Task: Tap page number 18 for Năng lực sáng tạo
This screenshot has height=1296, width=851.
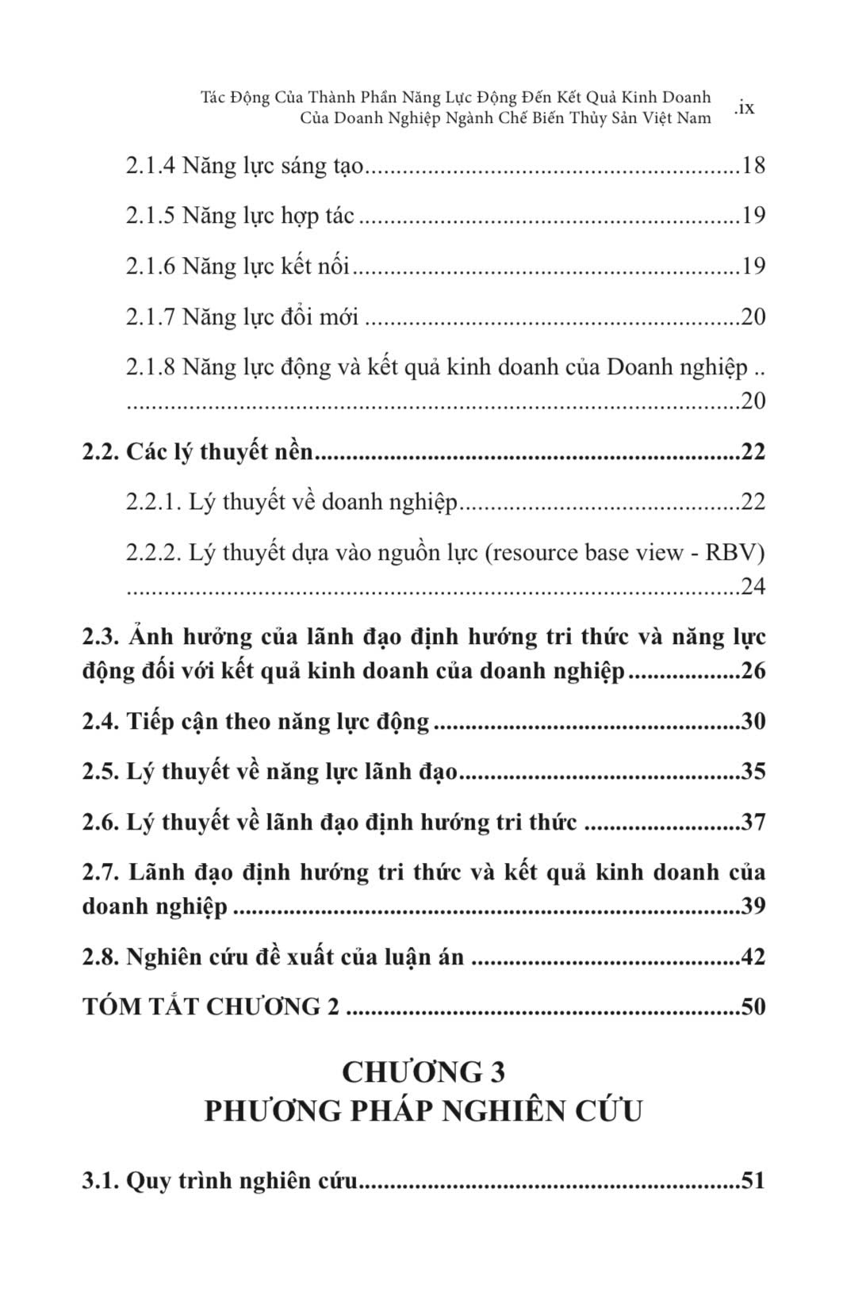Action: pos(753,166)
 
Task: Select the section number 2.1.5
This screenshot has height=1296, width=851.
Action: pos(150,216)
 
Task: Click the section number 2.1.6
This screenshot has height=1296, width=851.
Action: pos(150,266)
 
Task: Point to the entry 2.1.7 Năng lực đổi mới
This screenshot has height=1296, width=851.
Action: pos(242,317)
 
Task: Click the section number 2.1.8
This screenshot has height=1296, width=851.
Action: pos(150,368)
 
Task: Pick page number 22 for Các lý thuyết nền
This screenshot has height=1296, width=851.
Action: pos(753,452)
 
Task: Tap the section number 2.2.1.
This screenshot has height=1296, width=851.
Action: pos(154,502)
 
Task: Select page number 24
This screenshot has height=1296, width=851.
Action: pos(753,587)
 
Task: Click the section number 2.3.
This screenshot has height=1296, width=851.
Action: pos(100,637)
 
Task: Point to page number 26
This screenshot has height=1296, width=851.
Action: pos(753,671)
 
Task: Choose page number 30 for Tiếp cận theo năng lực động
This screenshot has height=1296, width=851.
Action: pos(753,722)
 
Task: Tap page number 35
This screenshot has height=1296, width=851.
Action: pos(753,772)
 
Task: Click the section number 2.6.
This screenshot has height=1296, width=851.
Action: pos(100,822)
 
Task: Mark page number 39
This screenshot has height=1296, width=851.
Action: pos(753,906)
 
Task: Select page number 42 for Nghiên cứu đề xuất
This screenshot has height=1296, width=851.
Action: pos(753,957)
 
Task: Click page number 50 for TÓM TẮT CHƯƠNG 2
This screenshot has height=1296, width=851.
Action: pos(753,1007)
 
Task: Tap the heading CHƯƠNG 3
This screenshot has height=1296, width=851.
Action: pos(424,1072)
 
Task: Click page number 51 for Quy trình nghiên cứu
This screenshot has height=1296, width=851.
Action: pos(751,1180)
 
